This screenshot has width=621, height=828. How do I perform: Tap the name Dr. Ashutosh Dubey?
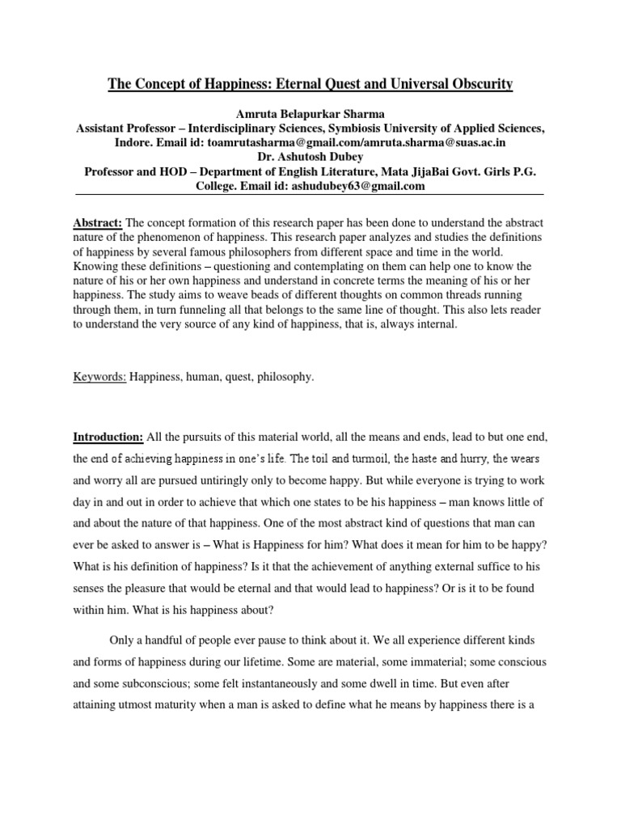pos(310,157)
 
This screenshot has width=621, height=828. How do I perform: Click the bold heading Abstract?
pos(98,222)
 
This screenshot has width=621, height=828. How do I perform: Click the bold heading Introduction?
pos(108,437)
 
